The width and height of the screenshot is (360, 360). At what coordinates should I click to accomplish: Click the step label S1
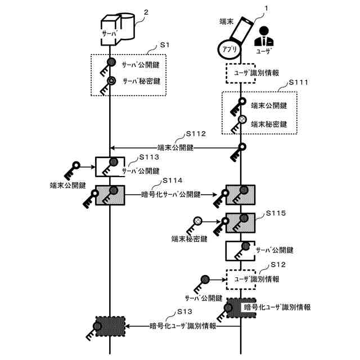pyautogui.click(x=165, y=45)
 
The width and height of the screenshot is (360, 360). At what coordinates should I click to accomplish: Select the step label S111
pyautogui.click(x=298, y=82)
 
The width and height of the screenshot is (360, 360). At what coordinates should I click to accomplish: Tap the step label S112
pyautogui.click(x=196, y=134)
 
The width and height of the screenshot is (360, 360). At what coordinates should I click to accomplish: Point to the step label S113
pyautogui.click(x=149, y=157)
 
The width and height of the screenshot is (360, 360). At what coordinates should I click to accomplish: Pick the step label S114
pyautogui.click(x=173, y=181)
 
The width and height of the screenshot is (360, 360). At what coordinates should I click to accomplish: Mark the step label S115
pyautogui.click(x=276, y=213)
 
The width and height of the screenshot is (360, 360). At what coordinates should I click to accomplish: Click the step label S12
pyautogui.click(x=278, y=264)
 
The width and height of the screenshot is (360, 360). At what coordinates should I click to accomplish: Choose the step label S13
pyautogui.click(x=184, y=312)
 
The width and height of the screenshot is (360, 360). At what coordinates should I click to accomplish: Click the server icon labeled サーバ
pyautogui.click(x=118, y=29)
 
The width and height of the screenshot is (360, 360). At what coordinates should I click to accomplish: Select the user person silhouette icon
pyautogui.click(x=264, y=36)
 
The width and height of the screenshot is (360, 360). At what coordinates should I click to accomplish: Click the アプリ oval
pyautogui.click(x=229, y=49)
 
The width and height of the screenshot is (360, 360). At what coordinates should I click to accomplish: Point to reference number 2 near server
pyautogui.click(x=146, y=12)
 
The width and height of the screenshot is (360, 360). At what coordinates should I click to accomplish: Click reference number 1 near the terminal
pyautogui.click(x=266, y=8)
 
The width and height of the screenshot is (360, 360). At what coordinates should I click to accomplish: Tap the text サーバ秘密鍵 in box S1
pyautogui.click(x=141, y=81)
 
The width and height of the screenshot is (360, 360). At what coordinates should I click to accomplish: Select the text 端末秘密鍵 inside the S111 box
pyautogui.click(x=269, y=124)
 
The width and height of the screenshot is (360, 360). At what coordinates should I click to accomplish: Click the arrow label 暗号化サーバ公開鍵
pyautogui.click(x=171, y=195)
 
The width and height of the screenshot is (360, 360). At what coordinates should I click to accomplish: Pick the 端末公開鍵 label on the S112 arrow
pyautogui.click(x=175, y=147)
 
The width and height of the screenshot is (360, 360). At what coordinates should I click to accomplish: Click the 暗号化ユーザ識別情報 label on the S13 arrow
pyautogui.click(x=183, y=326)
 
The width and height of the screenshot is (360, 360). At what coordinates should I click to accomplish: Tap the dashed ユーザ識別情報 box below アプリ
pyautogui.click(x=241, y=73)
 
